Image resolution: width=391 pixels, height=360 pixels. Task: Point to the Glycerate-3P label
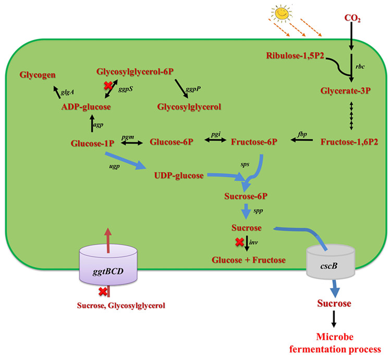[x=348, y=90]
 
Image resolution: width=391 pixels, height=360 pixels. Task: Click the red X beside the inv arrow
[x=239, y=242]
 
